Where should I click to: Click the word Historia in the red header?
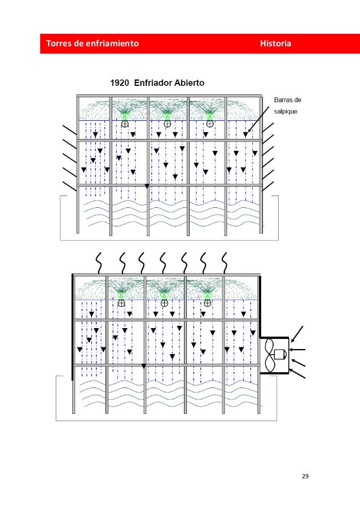click(x=275, y=43)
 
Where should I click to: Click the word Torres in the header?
click(x=57, y=43)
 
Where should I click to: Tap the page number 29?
click(x=305, y=477)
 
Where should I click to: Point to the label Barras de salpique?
click(x=287, y=105)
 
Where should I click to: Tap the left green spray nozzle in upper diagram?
click(x=125, y=114)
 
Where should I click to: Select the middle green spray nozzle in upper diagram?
click(x=168, y=114)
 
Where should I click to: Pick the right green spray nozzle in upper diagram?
click(x=210, y=114)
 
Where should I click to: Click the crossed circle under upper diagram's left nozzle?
click(x=125, y=124)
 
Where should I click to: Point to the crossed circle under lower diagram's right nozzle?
click(x=208, y=303)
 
